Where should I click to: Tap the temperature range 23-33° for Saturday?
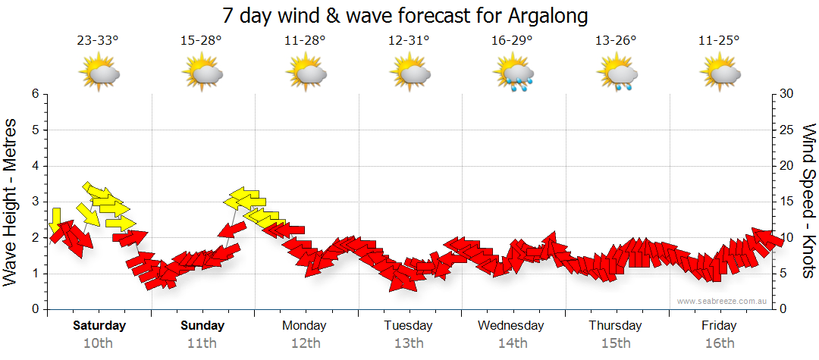click(98, 40)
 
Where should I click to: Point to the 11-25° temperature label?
click(720, 40)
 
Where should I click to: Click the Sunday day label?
click(202, 326)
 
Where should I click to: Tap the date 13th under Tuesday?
click(409, 343)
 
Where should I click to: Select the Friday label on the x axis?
click(719, 326)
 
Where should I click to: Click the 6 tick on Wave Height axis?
click(35, 94)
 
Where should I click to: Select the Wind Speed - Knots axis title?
click(808, 201)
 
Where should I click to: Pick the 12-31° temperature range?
click(409, 40)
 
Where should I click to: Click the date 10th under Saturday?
click(98, 343)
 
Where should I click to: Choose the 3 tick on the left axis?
click(35, 202)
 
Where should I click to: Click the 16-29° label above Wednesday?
click(512, 40)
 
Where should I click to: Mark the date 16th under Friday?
click(719, 343)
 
